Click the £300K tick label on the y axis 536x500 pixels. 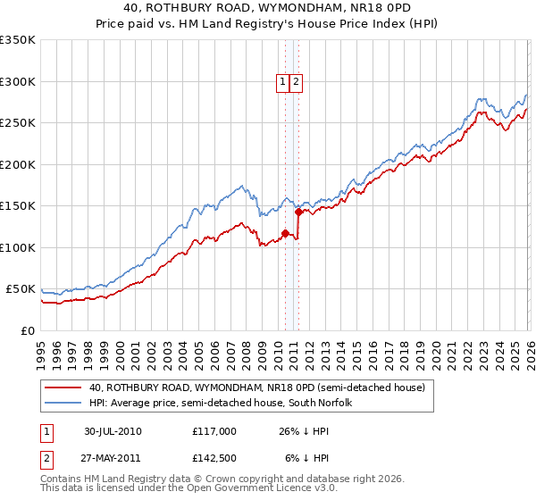18,81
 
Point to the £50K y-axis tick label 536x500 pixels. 21,289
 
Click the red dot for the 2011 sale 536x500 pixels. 298,212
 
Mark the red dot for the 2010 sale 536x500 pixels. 285,234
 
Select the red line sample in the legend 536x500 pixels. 63,387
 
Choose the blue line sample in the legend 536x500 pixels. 63,403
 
